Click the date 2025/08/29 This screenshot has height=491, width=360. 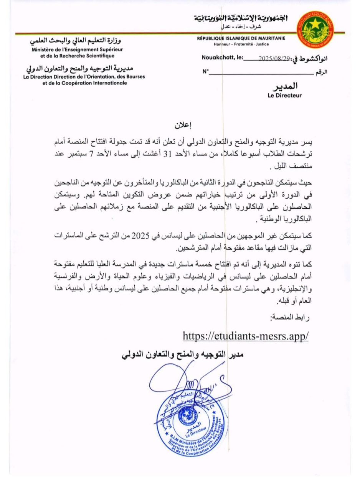274,58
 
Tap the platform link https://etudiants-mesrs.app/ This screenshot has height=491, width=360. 246,336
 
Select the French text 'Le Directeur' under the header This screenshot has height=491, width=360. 285,96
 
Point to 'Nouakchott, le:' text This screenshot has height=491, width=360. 222,58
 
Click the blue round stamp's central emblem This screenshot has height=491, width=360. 188,415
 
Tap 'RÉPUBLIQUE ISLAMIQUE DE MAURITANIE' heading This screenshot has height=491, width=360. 241,38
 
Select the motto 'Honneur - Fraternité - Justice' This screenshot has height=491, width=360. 241,44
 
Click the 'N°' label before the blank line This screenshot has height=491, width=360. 206,71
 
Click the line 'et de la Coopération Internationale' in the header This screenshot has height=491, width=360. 85,83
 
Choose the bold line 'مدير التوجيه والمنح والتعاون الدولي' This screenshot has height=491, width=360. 183,354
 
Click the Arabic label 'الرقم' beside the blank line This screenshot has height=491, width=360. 321,72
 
